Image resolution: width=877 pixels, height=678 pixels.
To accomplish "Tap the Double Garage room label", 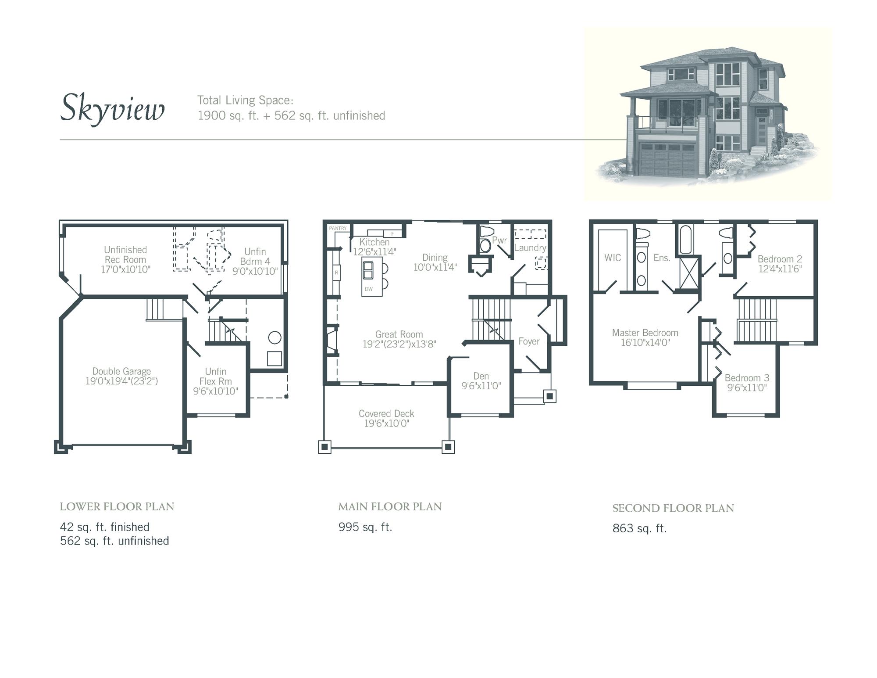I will point(121,372).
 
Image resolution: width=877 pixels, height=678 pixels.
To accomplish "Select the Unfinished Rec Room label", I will point(125,255).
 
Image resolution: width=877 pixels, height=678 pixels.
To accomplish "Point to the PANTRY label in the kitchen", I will point(338,228).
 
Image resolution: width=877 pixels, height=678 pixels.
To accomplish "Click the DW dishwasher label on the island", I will point(369,289).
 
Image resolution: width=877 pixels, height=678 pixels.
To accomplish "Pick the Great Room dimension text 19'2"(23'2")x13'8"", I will point(399,344).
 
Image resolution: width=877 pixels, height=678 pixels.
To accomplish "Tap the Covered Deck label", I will point(386,413).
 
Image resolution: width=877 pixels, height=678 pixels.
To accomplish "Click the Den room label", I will point(481,376).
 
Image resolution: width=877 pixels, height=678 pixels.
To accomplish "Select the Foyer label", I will point(529,341).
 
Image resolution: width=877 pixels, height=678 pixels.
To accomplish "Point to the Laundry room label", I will point(530,248).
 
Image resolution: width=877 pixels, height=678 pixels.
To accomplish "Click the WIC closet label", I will point(613,258).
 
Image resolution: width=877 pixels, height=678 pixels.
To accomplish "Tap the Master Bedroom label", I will point(645,333).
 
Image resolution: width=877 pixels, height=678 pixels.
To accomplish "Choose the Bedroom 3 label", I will point(747,378).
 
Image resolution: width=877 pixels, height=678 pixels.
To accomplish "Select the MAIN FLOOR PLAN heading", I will point(390,507).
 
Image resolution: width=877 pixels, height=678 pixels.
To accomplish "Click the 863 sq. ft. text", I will point(639,529).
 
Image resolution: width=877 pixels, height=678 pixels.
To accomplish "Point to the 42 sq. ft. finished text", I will point(105,527).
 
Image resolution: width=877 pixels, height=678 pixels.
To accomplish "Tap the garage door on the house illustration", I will point(667,160).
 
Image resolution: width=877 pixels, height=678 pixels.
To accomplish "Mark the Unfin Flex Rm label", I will point(215,377).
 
